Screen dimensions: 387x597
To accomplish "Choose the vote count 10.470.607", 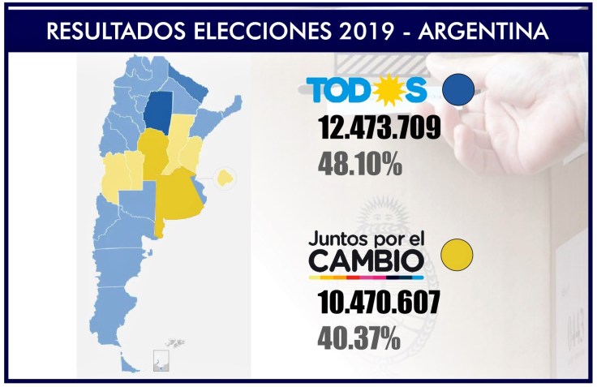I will [379, 303].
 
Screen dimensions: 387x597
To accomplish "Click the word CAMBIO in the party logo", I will [367, 261].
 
